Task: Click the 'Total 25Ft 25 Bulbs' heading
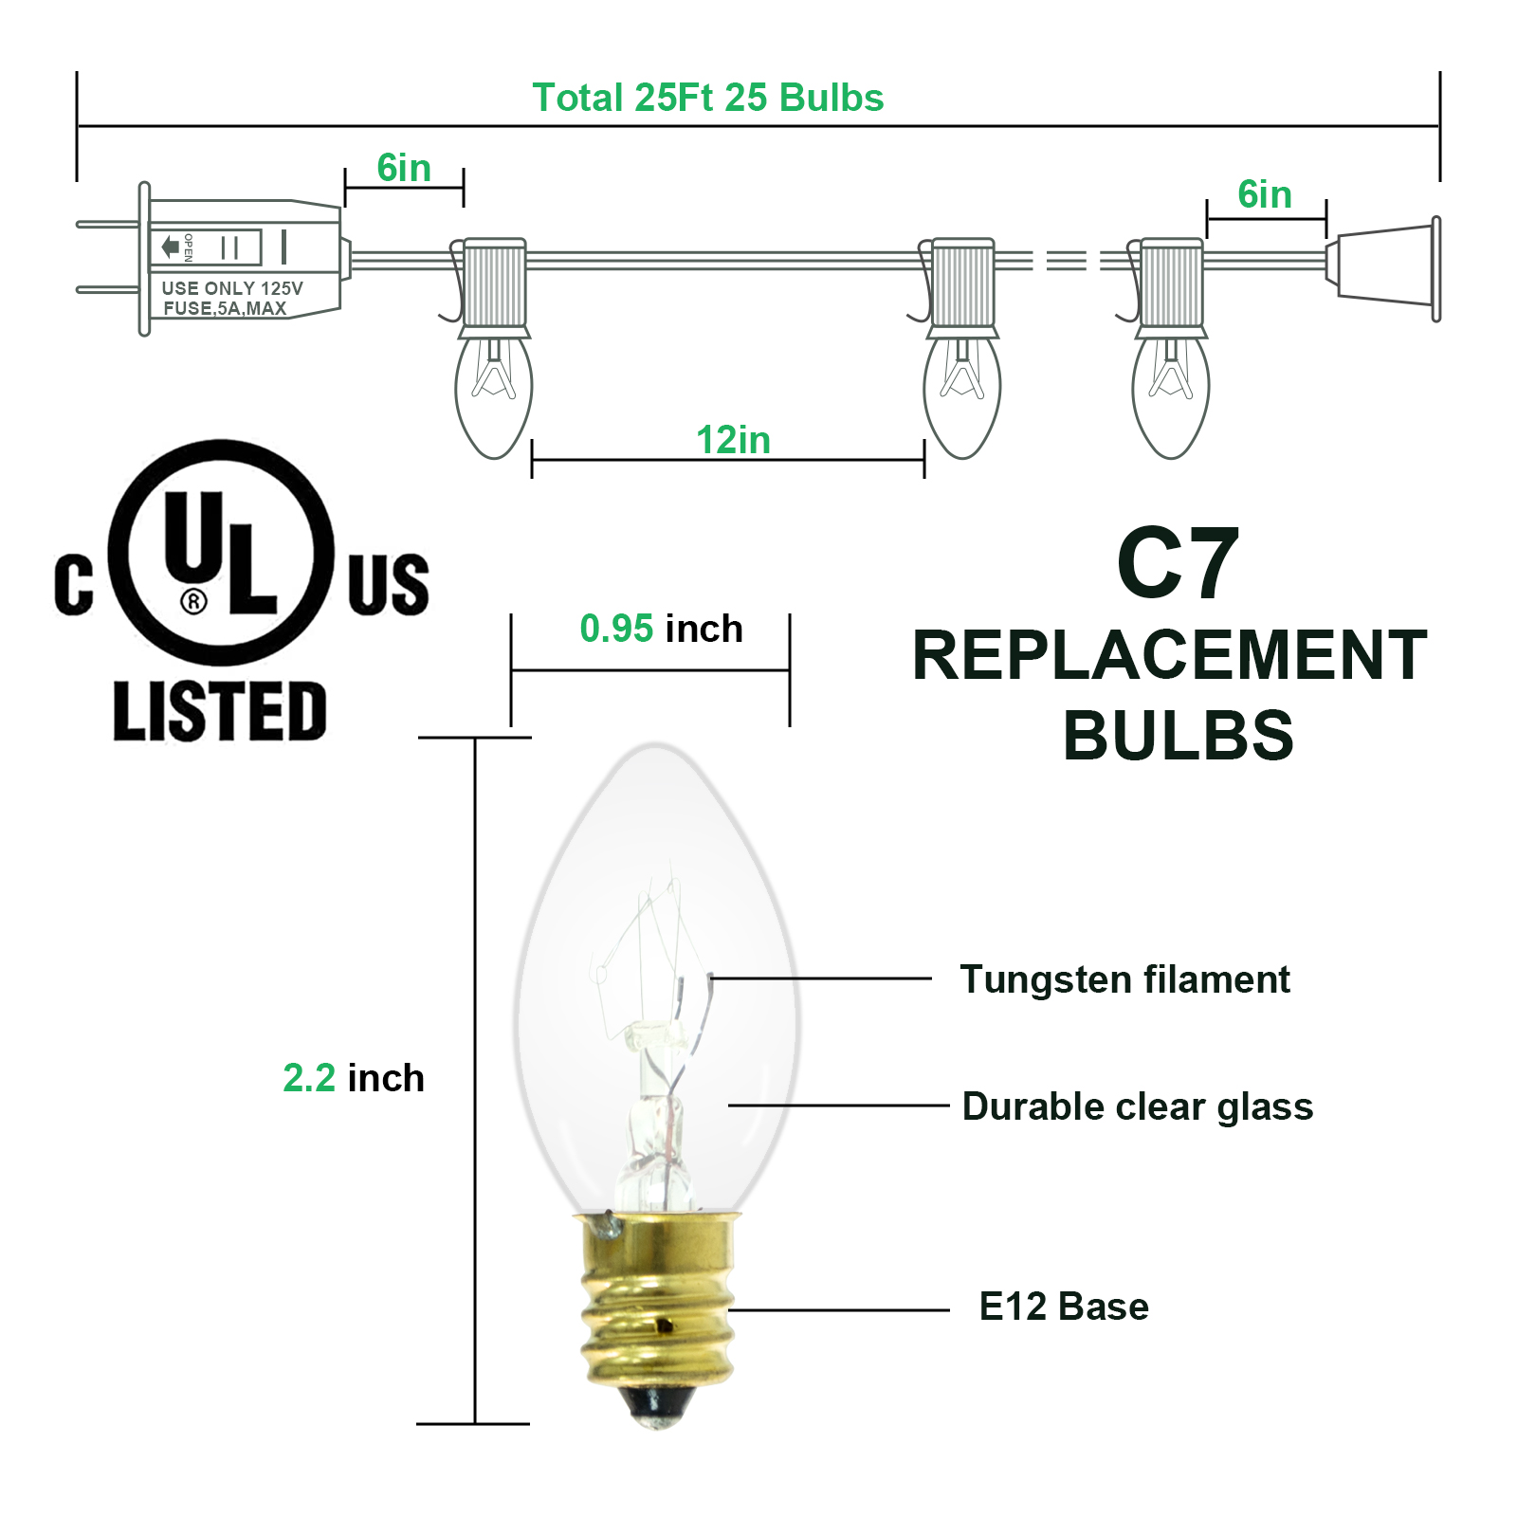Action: click(707, 98)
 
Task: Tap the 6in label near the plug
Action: click(404, 168)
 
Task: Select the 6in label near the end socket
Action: click(1264, 194)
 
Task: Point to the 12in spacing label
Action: click(733, 440)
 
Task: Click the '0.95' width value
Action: click(616, 629)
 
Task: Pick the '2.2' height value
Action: click(309, 1078)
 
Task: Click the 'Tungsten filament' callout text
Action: click(1124, 979)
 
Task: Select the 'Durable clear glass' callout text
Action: click(1137, 1106)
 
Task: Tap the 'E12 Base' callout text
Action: click(1063, 1307)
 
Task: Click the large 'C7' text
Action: click(1177, 565)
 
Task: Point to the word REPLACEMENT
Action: click(1169, 655)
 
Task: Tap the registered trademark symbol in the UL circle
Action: click(193, 601)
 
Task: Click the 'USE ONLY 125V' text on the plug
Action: click(232, 288)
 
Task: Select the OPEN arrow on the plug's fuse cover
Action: click(171, 247)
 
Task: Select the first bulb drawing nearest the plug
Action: click(493, 393)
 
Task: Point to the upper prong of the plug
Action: click(107, 225)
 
